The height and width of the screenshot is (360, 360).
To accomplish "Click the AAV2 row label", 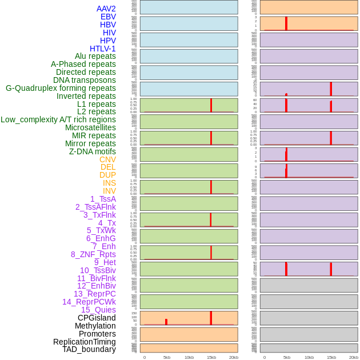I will tap(106, 9).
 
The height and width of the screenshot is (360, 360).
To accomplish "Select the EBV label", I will tap(108, 17).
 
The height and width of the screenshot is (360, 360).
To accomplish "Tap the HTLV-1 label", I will tap(102, 49).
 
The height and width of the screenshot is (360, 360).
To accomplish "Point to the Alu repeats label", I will tap(95, 56).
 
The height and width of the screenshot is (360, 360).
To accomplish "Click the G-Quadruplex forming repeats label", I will tap(61, 88).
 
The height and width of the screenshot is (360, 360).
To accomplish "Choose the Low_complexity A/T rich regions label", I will tap(58, 119).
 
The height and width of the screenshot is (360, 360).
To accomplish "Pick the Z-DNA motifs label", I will tap(92, 151).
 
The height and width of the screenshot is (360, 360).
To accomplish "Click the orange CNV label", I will tap(107, 159).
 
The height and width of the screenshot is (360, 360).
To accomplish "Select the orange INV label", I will tap(109, 191).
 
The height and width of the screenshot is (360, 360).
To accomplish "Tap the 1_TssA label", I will tap(103, 199).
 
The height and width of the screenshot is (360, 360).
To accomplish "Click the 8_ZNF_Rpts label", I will tap(93, 254).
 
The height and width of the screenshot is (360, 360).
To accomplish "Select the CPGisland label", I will tap(97, 318).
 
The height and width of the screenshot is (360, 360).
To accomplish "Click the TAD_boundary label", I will tap(89, 349).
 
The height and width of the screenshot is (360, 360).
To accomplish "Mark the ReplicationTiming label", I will tap(84, 342).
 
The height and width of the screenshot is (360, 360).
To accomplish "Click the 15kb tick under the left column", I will tap(211, 357).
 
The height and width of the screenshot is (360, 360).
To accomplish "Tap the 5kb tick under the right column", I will tap(287, 357).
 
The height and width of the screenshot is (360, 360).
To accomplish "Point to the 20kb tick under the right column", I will tap(354, 357).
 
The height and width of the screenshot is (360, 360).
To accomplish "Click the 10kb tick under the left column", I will tap(189, 357).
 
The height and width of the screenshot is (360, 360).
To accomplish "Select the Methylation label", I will tap(95, 326).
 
